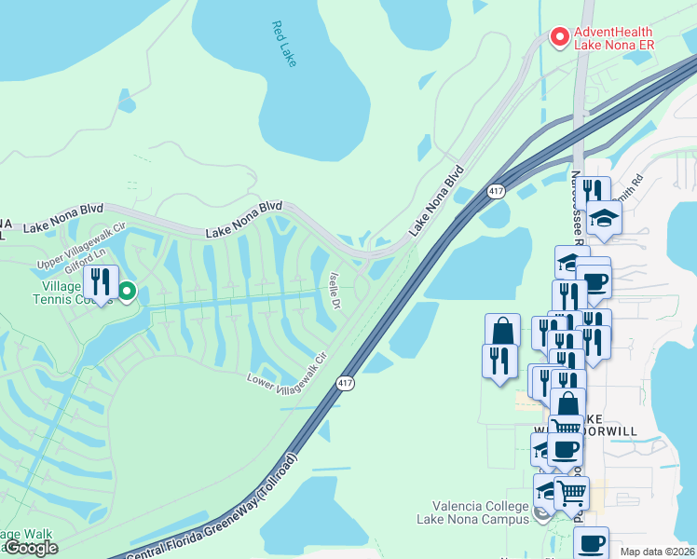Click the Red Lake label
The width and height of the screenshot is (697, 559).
283,43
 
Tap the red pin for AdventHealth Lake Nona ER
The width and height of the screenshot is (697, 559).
560,36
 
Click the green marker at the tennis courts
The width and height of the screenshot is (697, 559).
127,291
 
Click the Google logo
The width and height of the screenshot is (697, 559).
31,548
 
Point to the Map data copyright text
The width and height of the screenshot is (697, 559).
657,552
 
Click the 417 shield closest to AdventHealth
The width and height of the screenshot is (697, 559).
495,191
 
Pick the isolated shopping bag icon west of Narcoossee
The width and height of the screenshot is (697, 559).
502,330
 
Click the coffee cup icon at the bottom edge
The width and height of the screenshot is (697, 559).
590,542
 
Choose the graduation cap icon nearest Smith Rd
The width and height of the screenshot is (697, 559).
604,218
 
